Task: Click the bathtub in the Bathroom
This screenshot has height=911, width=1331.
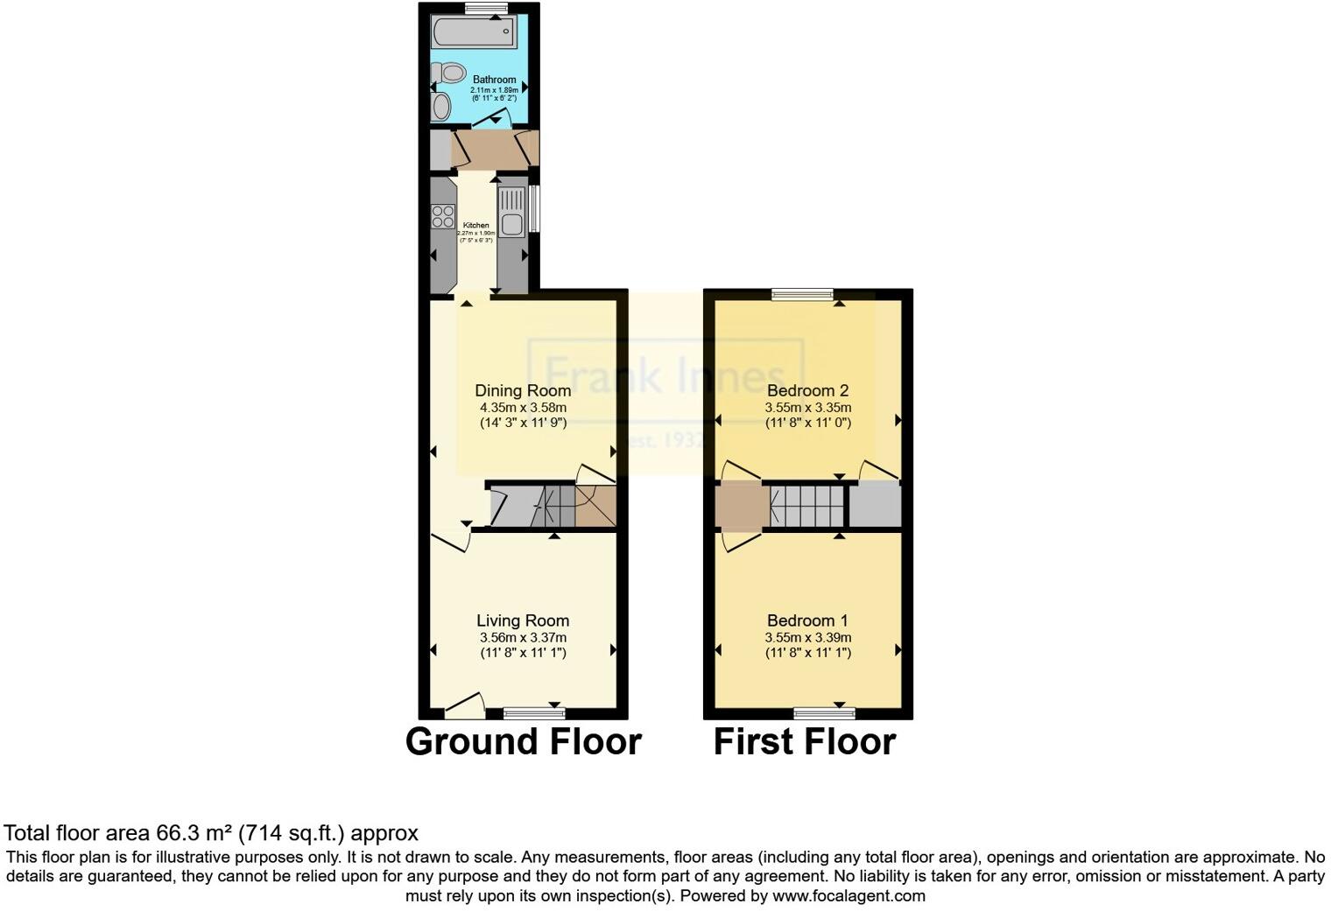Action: coord(474,33)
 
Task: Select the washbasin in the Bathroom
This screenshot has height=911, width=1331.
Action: coord(441,108)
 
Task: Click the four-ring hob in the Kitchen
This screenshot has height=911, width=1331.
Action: coord(443,215)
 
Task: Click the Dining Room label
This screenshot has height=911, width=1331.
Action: coord(523,390)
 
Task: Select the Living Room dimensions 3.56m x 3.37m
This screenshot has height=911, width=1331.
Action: coord(523,637)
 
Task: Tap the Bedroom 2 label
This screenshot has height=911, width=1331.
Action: coord(807,390)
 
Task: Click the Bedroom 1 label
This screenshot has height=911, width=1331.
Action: coord(807,620)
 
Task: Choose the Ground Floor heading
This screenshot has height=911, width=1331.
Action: coord(524,742)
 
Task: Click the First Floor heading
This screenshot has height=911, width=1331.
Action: coord(805,742)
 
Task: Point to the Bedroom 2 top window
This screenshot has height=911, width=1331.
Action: coord(803,295)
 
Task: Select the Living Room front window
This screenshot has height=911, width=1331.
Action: coord(534,713)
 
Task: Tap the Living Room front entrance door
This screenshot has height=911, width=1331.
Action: coord(464,705)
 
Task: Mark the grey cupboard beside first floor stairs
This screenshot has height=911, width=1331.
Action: coord(875,506)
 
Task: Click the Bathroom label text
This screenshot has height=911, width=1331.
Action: coord(495,80)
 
